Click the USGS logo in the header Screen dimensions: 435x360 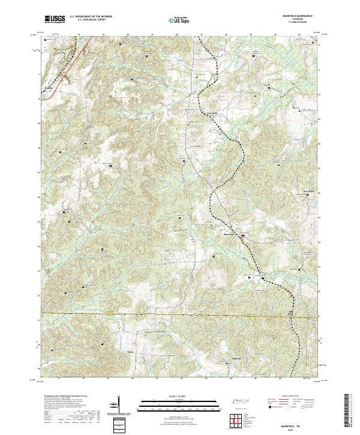(55, 20)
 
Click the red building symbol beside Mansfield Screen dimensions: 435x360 (243, 236)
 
